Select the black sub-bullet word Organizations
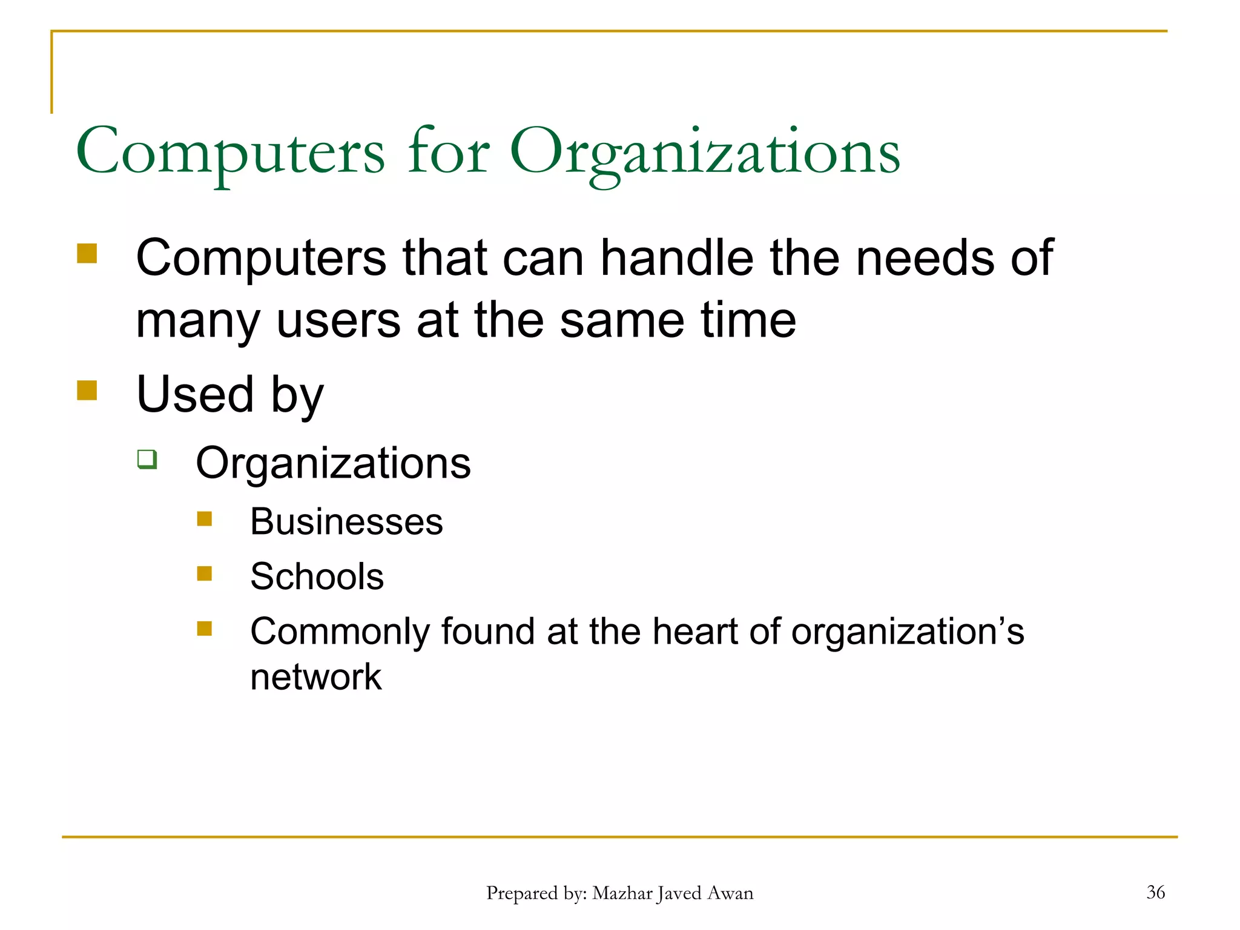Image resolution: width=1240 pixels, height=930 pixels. pos(333,463)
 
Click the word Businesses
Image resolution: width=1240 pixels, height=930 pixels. pos(346,521)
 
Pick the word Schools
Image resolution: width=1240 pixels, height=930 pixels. pos(317,576)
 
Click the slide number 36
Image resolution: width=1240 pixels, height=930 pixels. pos(1155,892)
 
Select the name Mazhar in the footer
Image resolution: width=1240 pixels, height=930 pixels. pos(622,893)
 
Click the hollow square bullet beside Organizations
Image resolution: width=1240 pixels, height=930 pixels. pos(147,459)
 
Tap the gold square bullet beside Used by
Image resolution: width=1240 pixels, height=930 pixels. pos(87,390)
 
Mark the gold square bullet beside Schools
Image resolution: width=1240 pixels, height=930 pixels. pos(205,573)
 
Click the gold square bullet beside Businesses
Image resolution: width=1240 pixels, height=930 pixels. pos(205,519)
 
